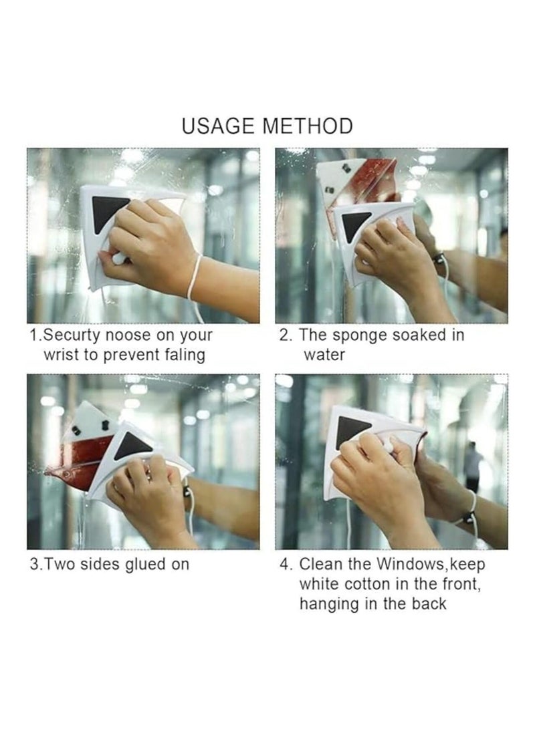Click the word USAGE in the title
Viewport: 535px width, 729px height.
[218, 126]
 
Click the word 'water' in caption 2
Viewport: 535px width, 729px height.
[324, 355]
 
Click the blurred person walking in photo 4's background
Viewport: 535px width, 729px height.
[472, 465]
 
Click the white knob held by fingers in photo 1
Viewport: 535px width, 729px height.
[120, 257]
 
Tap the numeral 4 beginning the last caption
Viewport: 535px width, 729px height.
[284, 565]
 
